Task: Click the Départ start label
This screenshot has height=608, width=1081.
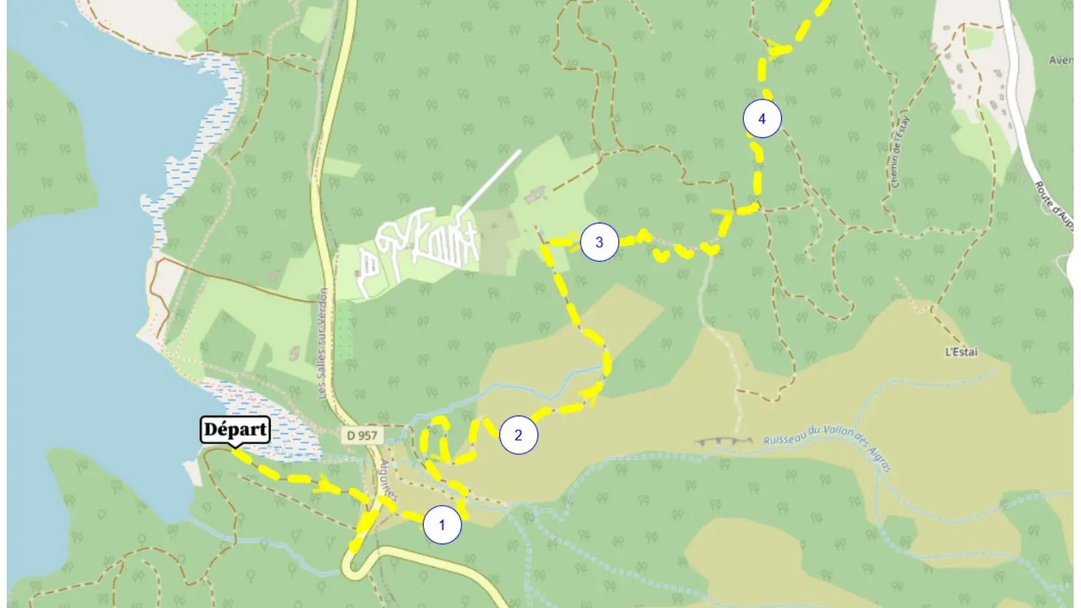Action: coord(235,429)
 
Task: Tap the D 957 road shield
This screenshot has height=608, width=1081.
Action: coord(361,435)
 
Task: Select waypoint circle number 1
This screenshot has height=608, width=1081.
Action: coord(442,525)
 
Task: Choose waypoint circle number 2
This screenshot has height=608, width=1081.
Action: coord(519,435)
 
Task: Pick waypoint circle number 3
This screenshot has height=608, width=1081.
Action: coord(599,242)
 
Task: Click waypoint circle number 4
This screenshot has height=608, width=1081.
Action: coord(762,118)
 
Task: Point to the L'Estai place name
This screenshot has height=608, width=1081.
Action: coord(961,352)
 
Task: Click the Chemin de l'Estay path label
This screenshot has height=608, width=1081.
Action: coord(899,152)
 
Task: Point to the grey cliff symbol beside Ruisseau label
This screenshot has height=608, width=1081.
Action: coord(724,441)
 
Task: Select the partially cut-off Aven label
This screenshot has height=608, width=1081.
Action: coord(1060,60)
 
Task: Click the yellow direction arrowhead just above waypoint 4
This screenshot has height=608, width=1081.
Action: coord(778,48)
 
